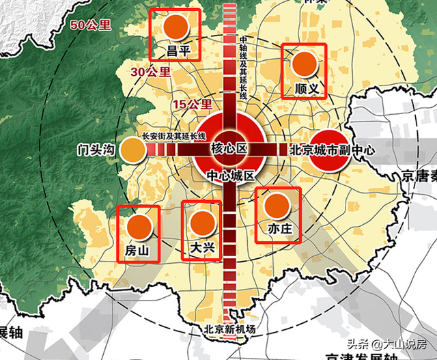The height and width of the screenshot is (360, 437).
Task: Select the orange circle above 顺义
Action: click(305, 65)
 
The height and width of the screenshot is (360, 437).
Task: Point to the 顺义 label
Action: click(305, 89)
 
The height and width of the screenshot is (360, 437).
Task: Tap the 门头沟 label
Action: click(96, 150)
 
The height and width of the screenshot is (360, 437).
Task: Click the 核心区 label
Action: click(228, 148)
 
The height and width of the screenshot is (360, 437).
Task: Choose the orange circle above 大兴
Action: click(202, 223)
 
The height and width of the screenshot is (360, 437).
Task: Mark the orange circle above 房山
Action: click(139, 226)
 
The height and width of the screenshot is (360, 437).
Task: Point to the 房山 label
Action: click(137, 251)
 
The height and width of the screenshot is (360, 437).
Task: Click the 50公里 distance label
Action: click(91, 26)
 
